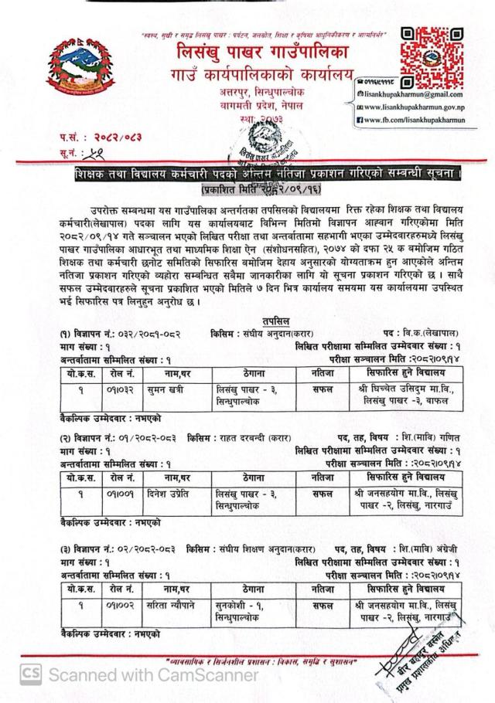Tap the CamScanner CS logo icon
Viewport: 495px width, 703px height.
point(31,674)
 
